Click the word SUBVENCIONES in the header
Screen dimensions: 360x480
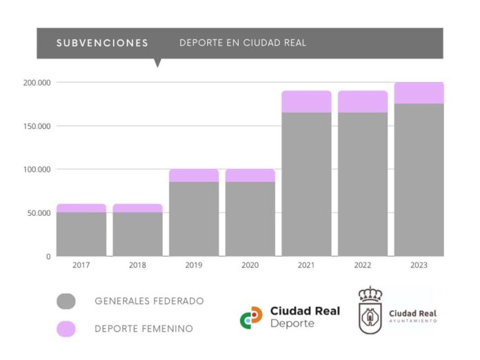pyautogui.click(x=102, y=43)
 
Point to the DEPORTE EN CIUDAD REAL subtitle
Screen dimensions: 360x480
pyautogui.click(x=243, y=43)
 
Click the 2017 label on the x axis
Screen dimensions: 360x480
pyautogui.click(x=81, y=266)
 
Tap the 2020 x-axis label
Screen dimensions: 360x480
pyautogui.click(x=250, y=266)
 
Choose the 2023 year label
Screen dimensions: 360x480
pyautogui.click(x=419, y=266)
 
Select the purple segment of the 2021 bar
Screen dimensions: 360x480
pyautogui.click(x=306, y=101)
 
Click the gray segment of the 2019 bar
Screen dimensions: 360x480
pyautogui.click(x=194, y=219)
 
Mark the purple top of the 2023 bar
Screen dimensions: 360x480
pyautogui.click(x=419, y=93)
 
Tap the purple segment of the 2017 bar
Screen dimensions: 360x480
pyautogui.click(x=81, y=208)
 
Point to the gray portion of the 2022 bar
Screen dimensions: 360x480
pyautogui.click(x=362, y=184)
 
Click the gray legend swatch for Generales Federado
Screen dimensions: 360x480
pyautogui.click(x=66, y=301)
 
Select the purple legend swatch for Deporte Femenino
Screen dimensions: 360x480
pyautogui.click(x=66, y=329)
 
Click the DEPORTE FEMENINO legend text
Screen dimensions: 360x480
pyautogui.click(x=143, y=329)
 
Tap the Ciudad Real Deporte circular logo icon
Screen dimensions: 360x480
pyautogui.click(x=251, y=317)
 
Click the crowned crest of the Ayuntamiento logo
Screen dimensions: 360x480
pyautogui.click(x=370, y=310)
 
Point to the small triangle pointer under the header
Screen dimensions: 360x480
pyautogui.click(x=157, y=63)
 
